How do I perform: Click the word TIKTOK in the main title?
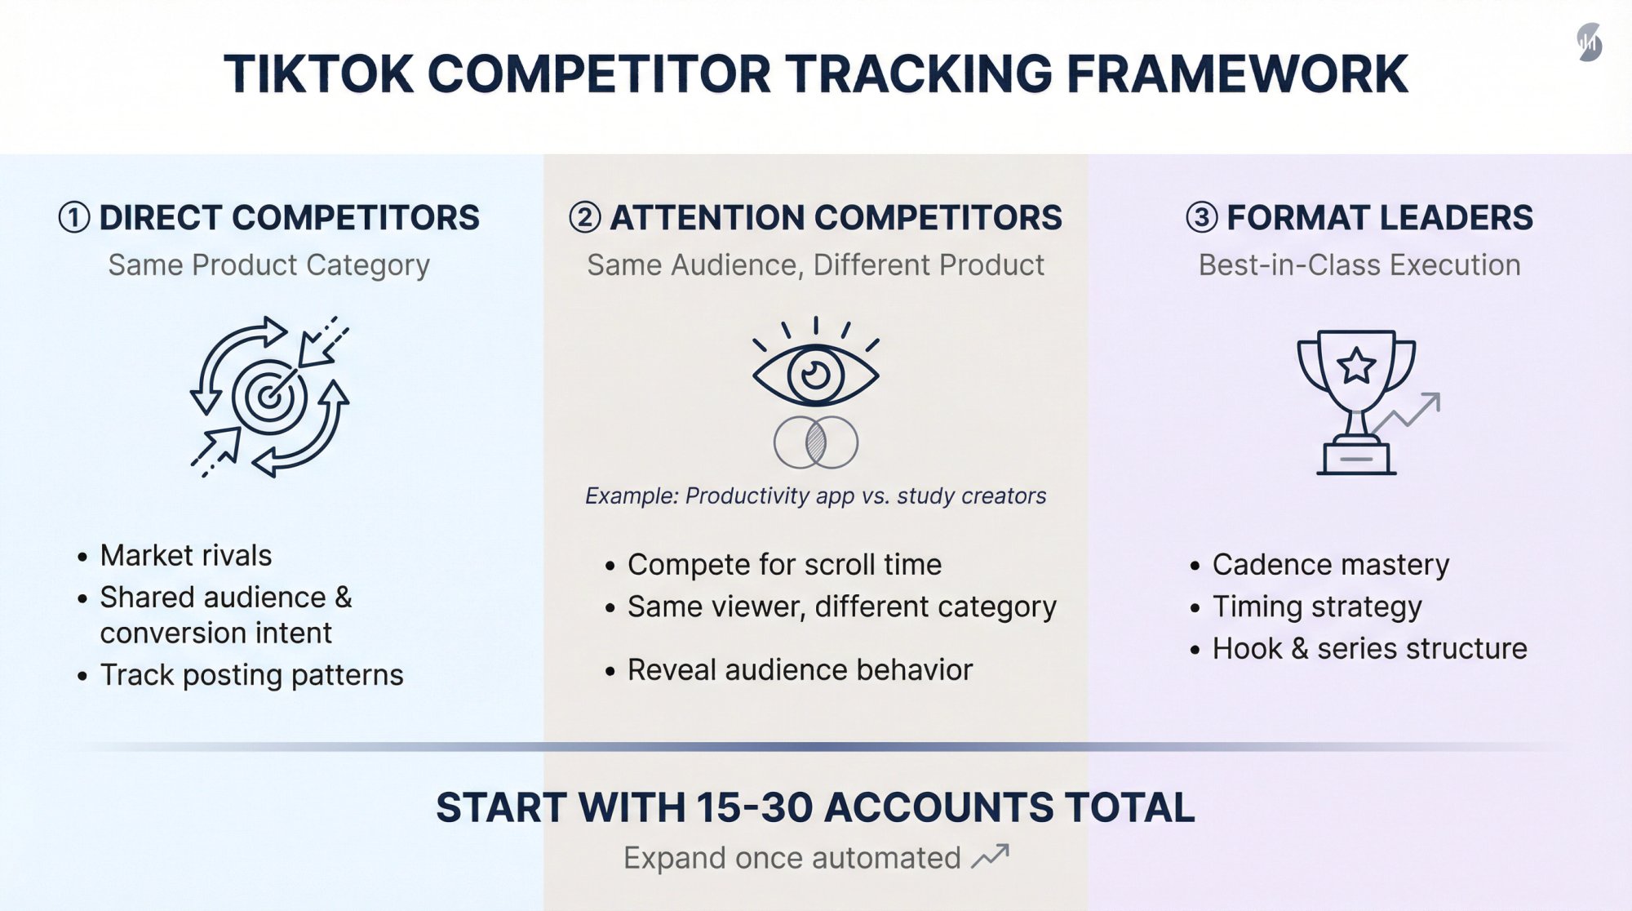pos(318,74)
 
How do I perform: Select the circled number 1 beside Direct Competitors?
pos(73,218)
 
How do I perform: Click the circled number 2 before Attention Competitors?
pos(584,218)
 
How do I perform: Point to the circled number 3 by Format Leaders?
pos(1201,218)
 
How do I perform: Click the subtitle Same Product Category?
pos(268,265)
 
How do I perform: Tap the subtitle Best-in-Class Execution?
pos(1359,265)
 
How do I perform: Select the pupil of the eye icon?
pos(815,375)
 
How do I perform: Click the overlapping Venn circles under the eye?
pos(815,442)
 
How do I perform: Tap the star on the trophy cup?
pos(1356,365)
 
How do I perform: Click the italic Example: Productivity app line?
pos(815,496)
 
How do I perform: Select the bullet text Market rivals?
pos(186,556)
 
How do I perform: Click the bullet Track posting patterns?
pos(251,675)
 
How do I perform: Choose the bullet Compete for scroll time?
pos(784,565)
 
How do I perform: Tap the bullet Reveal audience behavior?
pos(800,670)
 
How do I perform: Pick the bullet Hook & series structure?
pos(1369,649)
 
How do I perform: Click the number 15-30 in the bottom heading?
pos(755,808)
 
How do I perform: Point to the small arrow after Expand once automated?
pos(991,856)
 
